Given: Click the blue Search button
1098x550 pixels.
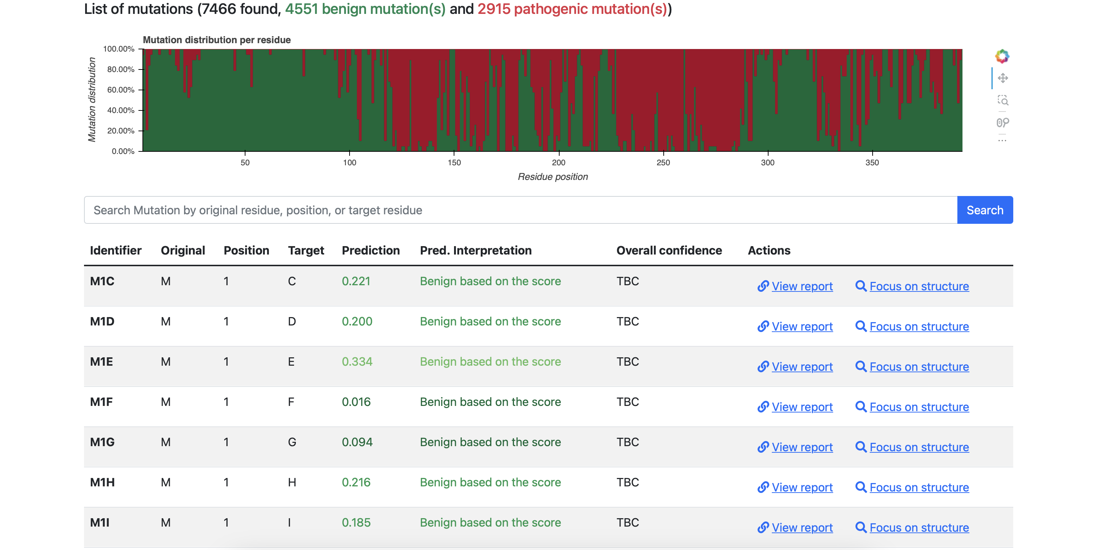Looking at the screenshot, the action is coord(985,210).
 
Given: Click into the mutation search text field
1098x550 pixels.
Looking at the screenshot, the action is coord(521,210).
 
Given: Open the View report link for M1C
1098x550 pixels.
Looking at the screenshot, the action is coord(795,286).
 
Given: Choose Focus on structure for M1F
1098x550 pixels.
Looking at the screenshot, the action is coord(912,407).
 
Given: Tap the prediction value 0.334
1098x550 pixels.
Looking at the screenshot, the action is coord(357,361).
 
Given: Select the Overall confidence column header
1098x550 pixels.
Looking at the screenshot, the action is coord(669,250).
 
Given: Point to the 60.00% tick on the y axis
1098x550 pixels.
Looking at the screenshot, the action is coord(121,90).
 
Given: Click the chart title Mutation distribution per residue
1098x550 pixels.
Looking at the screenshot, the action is coord(217,40).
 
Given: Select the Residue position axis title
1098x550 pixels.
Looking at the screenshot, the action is coord(553,177).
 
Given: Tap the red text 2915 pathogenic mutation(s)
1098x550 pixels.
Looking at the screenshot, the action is coord(572,9).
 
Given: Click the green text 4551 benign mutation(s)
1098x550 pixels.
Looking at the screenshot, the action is coord(365,9).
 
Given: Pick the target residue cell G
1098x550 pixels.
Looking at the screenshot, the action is coord(292,442).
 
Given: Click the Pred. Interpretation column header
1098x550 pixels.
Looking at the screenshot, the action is coord(476,250).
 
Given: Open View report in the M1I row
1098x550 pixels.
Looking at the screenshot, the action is coord(795,528).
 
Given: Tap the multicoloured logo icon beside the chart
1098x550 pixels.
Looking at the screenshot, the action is coord(1002,56).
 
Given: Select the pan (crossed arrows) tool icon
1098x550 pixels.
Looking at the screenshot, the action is coord(1003,78).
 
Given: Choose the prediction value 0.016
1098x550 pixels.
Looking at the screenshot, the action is coord(357,402).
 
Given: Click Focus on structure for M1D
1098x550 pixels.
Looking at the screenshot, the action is coord(912,327).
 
